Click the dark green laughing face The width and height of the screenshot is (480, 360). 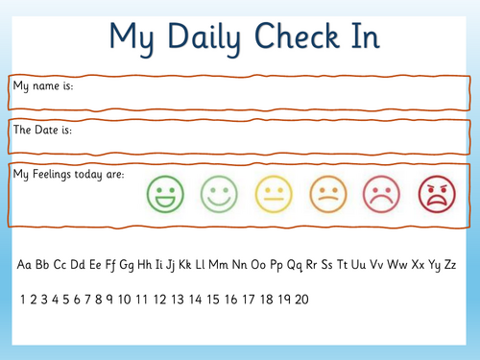pos(163,195)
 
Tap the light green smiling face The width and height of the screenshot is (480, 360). pos(218,195)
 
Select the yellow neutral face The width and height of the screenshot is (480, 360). pos(273,195)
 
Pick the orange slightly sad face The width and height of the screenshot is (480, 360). pos(327,195)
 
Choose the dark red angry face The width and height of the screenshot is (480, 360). pos(436,195)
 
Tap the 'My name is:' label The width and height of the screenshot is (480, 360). pos(42,86)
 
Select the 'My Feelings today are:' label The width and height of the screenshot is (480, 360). pos(69,174)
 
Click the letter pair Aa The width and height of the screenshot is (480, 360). pos(26,264)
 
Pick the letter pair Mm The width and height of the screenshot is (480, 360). pos(219,264)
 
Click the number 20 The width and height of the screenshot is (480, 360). pos(301,300)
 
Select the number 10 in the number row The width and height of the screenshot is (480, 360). pos(125,300)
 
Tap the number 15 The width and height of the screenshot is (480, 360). pos(213,300)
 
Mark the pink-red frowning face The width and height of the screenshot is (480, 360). pos(382,195)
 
